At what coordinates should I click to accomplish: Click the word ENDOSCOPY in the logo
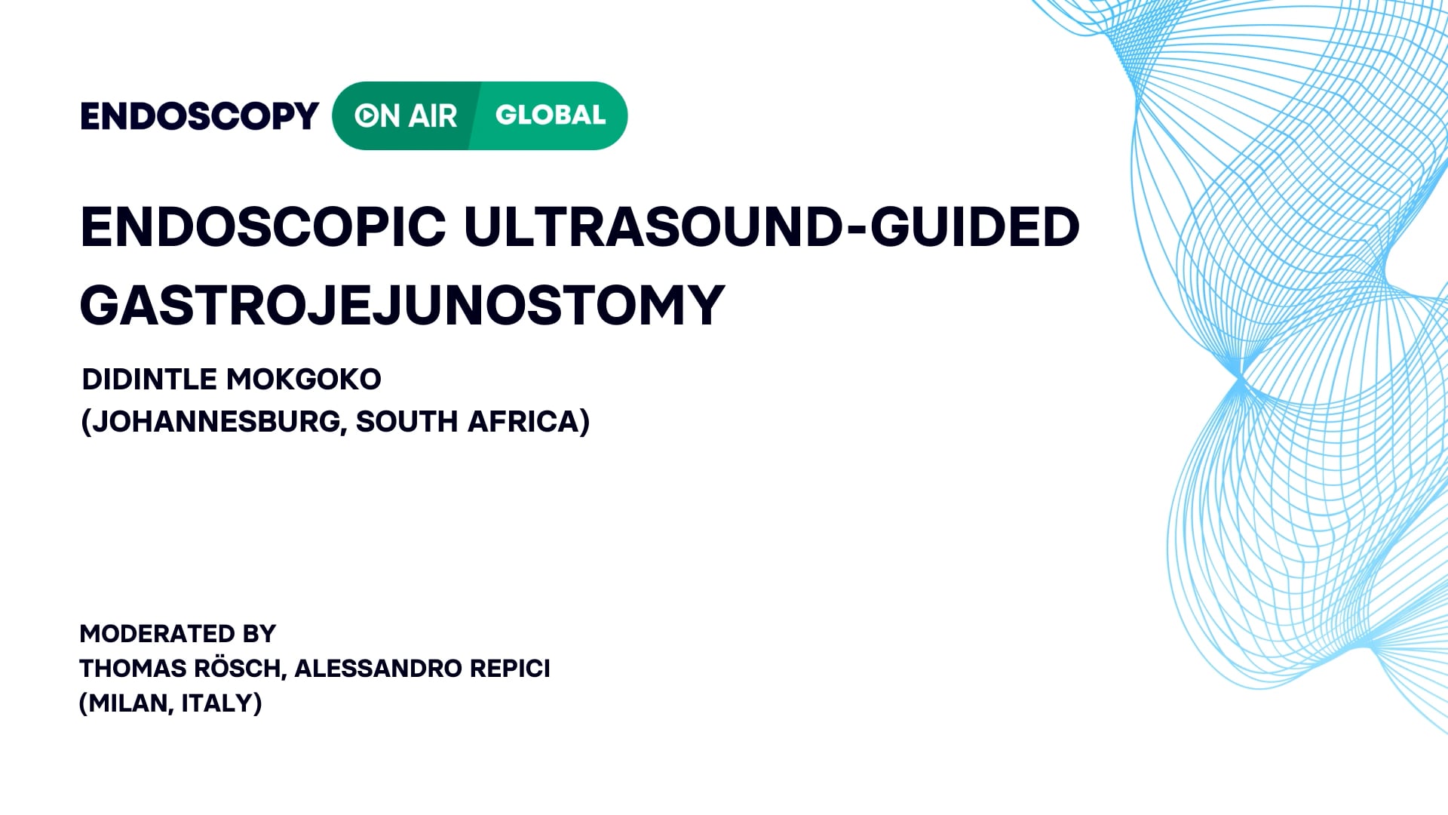[x=199, y=116]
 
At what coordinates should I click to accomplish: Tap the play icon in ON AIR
[x=367, y=115]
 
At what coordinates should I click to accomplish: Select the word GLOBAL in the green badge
[x=551, y=115]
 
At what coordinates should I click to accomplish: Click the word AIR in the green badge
[x=434, y=116]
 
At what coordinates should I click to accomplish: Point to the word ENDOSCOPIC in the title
[x=263, y=226]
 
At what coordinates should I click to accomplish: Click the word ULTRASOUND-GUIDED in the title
[x=772, y=226]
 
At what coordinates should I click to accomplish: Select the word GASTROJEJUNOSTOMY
[x=402, y=306]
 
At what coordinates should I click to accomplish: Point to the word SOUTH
[x=406, y=422]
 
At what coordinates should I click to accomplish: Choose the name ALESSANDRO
[x=378, y=669]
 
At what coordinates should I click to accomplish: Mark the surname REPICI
[x=510, y=669]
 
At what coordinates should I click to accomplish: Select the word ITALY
[x=219, y=703]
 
